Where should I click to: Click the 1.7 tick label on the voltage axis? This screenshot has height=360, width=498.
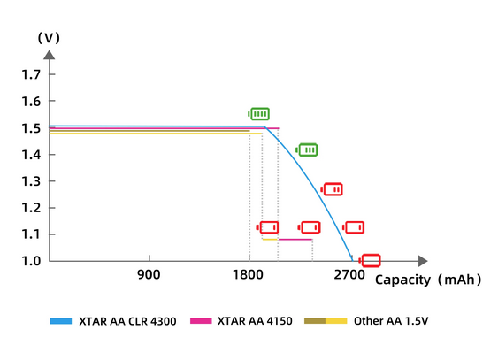pos(31,75)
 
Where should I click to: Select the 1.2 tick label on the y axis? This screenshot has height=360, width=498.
pos(31,208)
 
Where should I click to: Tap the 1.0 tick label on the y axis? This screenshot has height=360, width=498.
pos(31,261)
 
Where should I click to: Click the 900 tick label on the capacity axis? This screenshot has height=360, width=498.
pos(149,275)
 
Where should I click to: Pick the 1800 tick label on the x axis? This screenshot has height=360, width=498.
pos(249,275)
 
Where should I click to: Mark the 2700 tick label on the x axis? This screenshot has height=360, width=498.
pos(349,275)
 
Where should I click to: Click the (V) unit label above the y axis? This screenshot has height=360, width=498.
pos(48,38)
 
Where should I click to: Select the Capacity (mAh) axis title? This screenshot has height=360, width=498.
pos(428,280)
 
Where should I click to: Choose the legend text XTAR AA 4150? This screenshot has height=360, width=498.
pos(253,320)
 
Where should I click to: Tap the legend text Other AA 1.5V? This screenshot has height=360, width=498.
pos(390,320)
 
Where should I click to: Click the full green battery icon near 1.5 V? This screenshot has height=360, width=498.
pos(259,114)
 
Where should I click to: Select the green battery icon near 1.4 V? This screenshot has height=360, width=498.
pos(307,149)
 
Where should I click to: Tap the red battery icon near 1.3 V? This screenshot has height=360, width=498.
pos(333,189)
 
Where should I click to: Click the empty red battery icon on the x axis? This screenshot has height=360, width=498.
pos(370,260)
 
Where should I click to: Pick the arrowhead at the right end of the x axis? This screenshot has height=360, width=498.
pos(422,261)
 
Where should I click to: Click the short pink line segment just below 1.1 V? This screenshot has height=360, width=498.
pos(295,240)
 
